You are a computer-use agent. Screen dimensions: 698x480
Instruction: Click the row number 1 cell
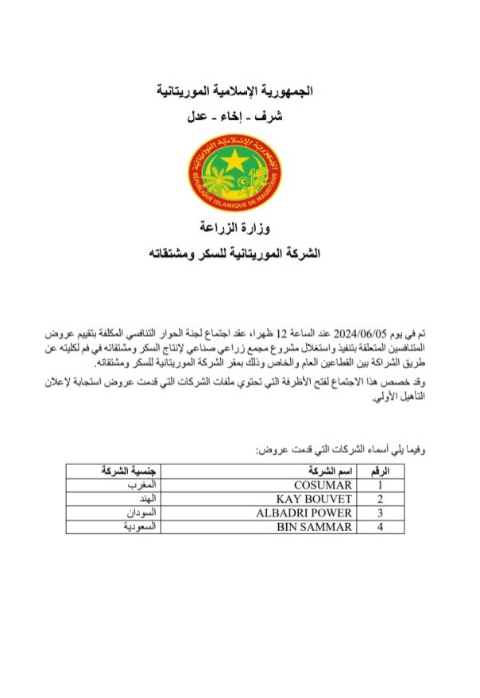(381, 484)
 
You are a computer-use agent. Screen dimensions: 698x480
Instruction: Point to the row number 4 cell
(381, 527)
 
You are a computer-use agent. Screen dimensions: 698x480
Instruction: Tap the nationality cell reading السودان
(139, 513)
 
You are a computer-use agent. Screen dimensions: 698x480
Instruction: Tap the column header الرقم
(381, 471)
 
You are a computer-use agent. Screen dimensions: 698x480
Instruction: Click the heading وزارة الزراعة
(240, 230)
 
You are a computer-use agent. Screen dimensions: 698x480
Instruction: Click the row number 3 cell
(381, 513)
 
